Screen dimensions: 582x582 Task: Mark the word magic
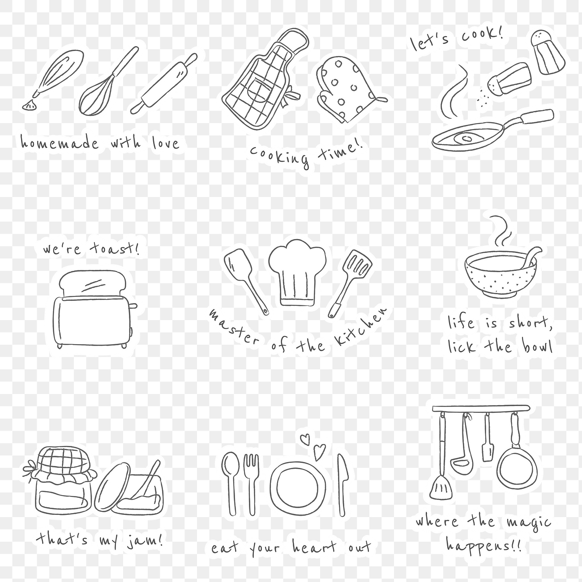coord(528,523)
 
